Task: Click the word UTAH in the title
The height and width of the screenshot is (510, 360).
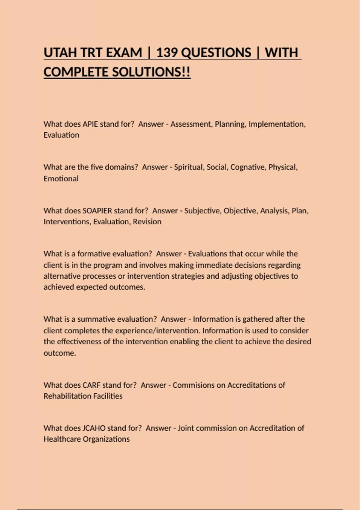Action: (60, 53)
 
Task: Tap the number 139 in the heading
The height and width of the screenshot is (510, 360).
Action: (169, 53)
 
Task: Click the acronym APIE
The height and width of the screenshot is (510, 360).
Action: (90, 124)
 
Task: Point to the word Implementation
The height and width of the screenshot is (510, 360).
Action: (277, 124)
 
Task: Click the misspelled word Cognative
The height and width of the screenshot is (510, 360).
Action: (248, 167)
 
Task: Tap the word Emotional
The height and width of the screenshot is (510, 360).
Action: (61, 178)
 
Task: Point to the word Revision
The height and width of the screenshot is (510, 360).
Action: (147, 222)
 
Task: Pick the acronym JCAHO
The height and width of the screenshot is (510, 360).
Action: (94, 428)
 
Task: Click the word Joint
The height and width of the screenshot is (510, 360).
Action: (186, 428)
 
